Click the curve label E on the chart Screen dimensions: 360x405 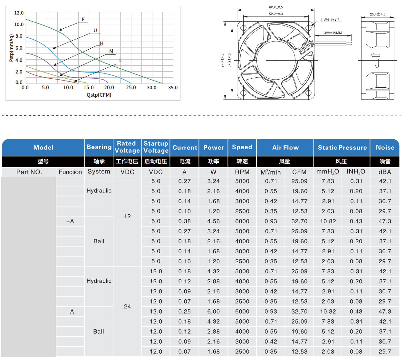[x=83, y=20]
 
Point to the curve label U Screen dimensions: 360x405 [x=95, y=31]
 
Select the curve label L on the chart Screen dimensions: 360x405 [x=121, y=61]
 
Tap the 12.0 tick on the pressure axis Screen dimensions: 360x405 [x=19, y=13]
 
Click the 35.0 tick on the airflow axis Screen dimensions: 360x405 [x=173, y=88]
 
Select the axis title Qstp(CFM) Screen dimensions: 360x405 [x=99, y=95]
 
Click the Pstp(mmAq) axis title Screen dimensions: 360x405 [x=12, y=48]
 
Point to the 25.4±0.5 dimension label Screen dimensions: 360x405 [x=378, y=14]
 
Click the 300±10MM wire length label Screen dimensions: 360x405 [x=333, y=33]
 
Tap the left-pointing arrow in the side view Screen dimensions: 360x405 [x=375, y=55]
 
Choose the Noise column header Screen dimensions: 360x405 [x=385, y=148]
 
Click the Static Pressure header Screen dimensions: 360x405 [x=342, y=148]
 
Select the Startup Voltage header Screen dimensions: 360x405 [x=156, y=147]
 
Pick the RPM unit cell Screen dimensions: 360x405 [x=242, y=172]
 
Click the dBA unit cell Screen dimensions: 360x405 [x=385, y=172]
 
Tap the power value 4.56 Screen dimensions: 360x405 [x=214, y=221]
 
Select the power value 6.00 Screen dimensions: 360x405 [x=214, y=312]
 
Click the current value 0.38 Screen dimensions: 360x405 [x=185, y=221]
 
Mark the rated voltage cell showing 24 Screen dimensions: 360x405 [x=128, y=306]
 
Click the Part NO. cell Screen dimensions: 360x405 [x=29, y=172]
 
